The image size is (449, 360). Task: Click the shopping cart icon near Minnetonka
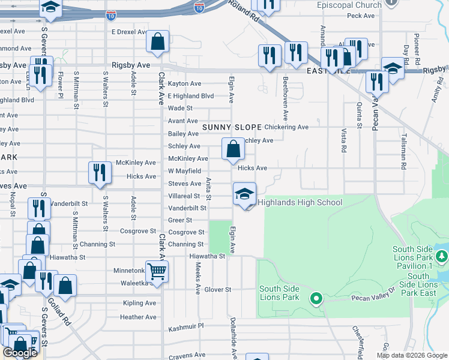pyautogui.click(x=157, y=271)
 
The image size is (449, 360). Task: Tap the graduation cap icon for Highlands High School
pyautogui.click(x=244, y=194)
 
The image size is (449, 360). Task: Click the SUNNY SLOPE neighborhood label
pyautogui.click(x=232, y=127)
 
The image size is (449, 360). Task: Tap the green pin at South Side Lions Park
pyautogui.click(x=316, y=298)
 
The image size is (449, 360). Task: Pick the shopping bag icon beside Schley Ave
pyautogui.click(x=233, y=149)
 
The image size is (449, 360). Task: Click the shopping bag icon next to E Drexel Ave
pyautogui.click(x=157, y=42)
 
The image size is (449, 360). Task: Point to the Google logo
pyautogui.click(x=20, y=353)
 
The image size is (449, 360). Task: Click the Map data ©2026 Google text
pyautogui.click(x=411, y=355)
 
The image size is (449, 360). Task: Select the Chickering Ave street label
pyautogui.click(x=286, y=127)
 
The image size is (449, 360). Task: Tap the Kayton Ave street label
pyautogui.click(x=184, y=83)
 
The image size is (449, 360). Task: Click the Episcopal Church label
pyautogui.click(x=349, y=5)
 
